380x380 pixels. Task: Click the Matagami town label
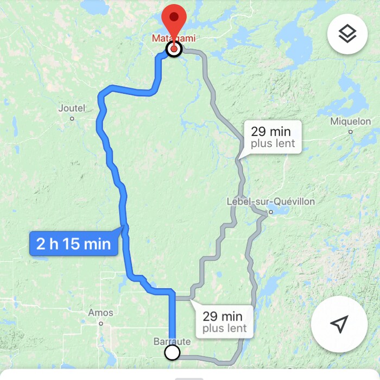pos(173,39)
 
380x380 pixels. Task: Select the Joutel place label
pos(72,108)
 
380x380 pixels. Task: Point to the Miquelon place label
pos(351,122)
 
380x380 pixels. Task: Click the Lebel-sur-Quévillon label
pos(270,202)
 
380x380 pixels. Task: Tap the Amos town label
pos(100,313)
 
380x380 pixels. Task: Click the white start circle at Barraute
pos(172,353)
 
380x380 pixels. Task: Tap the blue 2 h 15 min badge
pos(73,244)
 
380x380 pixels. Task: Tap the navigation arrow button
pos(339,325)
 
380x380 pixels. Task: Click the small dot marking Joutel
pos(72,118)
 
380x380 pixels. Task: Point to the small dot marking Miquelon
pos(351,131)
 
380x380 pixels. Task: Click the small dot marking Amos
pos(100,324)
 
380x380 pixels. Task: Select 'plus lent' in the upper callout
pos(273,143)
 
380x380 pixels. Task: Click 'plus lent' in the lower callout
pos(225,328)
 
